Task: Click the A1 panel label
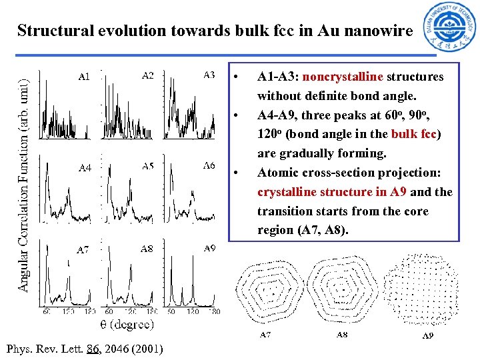pos(84,77)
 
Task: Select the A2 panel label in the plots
pos(147,75)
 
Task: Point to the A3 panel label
pos(209,75)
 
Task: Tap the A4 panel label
pos(85,168)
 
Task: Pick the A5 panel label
pos(147,166)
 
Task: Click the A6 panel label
pos(209,165)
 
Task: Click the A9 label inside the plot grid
pos(209,248)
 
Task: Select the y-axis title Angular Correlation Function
pos(23,175)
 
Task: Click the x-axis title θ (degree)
pos(127,325)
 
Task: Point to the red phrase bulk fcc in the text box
pos(413,134)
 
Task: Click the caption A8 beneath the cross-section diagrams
pos(341,335)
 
